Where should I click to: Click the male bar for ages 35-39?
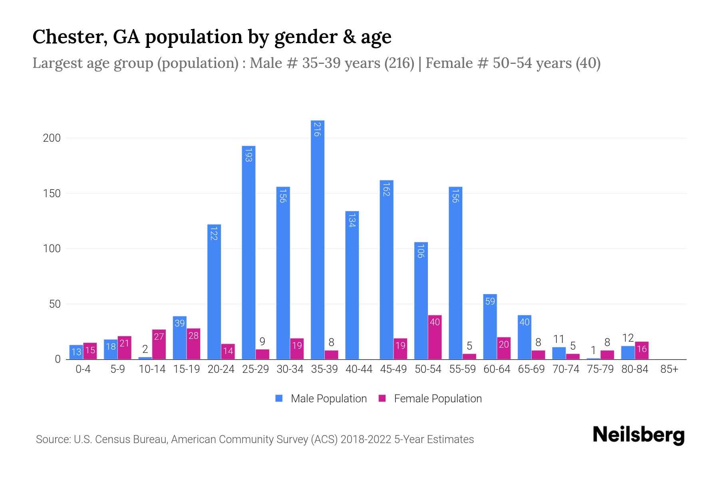coord(318,239)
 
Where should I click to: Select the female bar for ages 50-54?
coord(435,337)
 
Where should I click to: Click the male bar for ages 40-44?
coord(352,285)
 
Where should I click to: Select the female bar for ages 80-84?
coord(642,350)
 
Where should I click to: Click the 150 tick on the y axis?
coord(52,194)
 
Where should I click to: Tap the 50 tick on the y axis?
coord(55,304)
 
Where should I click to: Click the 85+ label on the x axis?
coord(669,369)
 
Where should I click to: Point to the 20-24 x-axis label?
coord(221,369)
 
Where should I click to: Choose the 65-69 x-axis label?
coord(531,369)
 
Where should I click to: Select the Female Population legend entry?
coord(430,398)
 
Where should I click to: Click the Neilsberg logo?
coord(638,435)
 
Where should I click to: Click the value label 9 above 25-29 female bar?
coord(262,341)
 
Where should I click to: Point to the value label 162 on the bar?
coord(386,189)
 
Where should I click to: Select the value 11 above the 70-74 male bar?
coord(558,339)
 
